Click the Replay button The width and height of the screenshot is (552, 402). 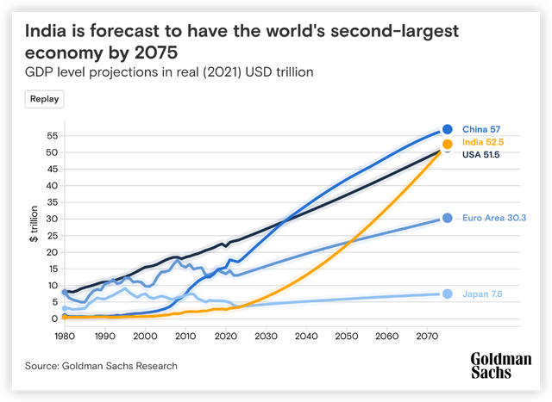45,98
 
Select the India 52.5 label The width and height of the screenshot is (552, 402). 483,143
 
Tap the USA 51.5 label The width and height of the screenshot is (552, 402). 482,156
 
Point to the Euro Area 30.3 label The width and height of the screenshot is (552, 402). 494,219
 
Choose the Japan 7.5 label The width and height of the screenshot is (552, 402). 482,294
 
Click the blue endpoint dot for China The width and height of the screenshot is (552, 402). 448,129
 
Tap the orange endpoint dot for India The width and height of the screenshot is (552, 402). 448,145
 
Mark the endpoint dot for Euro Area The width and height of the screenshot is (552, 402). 448,219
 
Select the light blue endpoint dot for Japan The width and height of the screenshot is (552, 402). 448,294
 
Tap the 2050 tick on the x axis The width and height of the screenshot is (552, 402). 347,336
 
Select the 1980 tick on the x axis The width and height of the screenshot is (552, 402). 66,336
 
